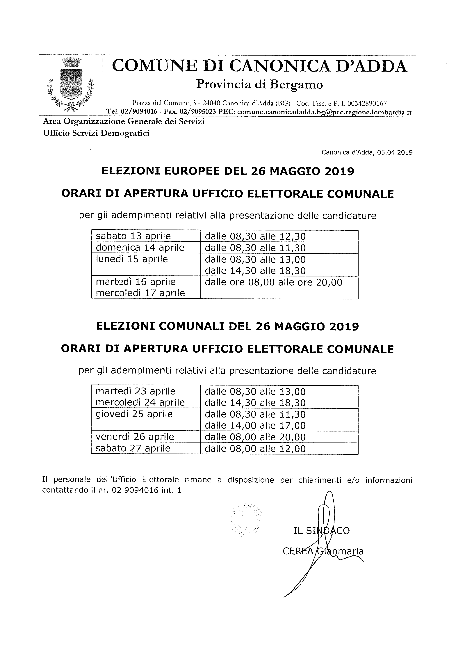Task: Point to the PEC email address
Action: coord(324,112)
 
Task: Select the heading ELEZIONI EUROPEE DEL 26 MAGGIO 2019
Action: coord(228,171)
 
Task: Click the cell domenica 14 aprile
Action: coord(140,248)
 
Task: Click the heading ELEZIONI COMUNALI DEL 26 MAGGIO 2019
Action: coord(228,326)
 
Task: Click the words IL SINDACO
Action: coord(322,530)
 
